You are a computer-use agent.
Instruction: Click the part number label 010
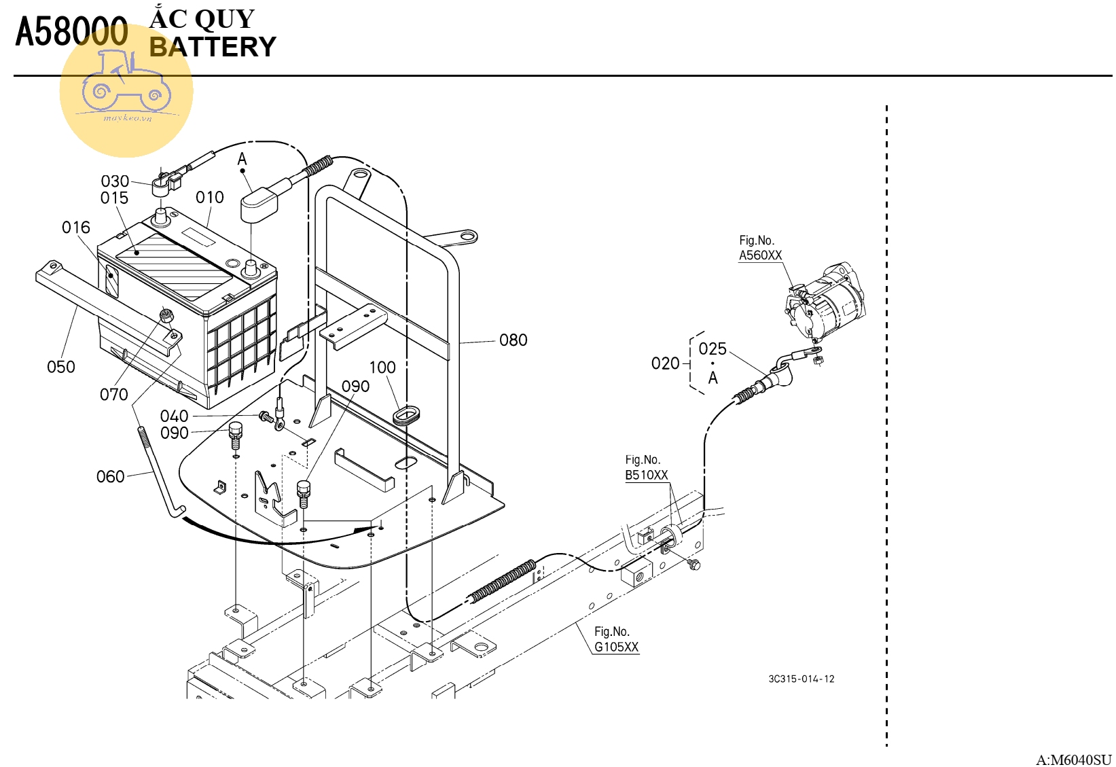(209, 198)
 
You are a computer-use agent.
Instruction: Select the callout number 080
(513, 340)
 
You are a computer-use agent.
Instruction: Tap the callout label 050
(61, 367)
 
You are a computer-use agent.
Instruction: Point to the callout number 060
(110, 477)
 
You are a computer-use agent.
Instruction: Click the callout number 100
(382, 368)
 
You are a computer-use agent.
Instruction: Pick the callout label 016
(75, 228)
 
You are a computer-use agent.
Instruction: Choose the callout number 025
(713, 349)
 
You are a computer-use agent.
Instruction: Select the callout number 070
(113, 395)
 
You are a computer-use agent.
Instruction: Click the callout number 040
(174, 416)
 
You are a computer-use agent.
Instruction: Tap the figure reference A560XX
(760, 255)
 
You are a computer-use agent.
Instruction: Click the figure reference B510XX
(646, 475)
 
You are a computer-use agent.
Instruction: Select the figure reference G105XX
(616, 647)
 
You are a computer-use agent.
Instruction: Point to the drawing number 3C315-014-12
(801, 679)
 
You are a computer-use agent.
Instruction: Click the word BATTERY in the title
(213, 48)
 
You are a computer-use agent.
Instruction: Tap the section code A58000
(71, 33)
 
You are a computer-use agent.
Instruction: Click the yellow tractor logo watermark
(126, 92)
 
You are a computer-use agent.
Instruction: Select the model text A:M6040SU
(1073, 760)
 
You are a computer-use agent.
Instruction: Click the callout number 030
(115, 181)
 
